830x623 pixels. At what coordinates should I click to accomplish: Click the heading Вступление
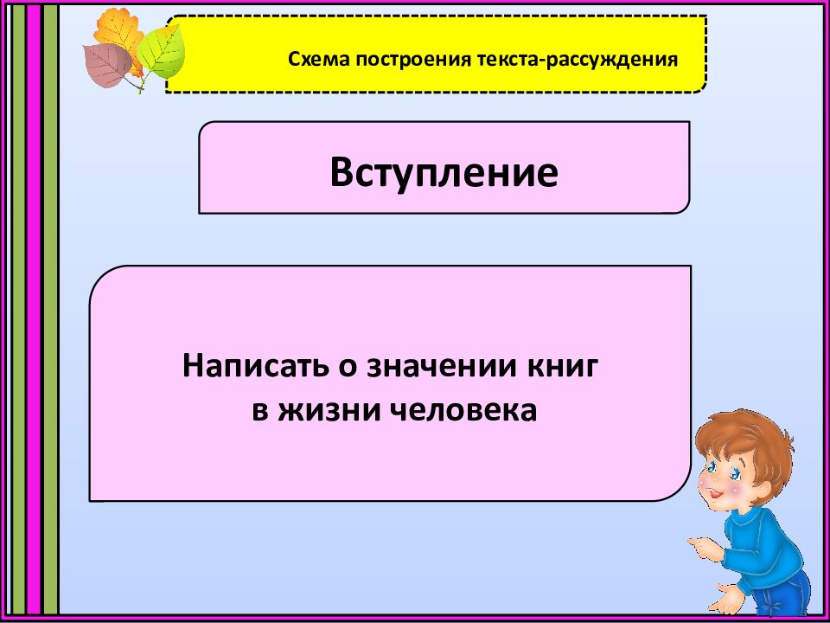click(444, 173)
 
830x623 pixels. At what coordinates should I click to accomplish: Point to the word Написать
click(247, 366)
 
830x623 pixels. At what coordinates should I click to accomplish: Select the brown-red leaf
click(108, 62)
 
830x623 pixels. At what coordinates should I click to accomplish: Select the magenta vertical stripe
click(34, 311)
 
